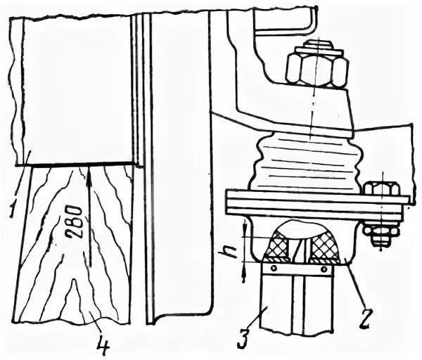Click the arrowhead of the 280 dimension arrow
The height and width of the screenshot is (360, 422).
tap(89, 171)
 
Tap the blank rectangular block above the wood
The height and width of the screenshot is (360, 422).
tap(77, 91)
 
